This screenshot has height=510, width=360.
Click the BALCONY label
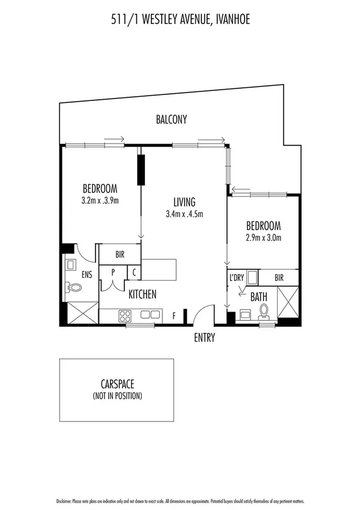(171, 120)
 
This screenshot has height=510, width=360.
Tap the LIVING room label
(185, 202)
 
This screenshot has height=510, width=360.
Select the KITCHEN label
(142, 294)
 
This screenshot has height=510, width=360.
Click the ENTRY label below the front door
(204, 338)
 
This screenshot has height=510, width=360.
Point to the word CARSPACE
(118, 384)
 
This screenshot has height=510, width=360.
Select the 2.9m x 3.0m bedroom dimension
(263, 237)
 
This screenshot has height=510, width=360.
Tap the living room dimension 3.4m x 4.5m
(185, 214)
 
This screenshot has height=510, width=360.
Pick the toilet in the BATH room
(264, 311)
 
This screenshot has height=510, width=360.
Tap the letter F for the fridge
(174, 315)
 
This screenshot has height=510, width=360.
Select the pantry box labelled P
(113, 272)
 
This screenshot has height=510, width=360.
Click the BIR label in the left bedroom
(120, 254)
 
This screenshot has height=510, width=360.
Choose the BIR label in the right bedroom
(278, 278)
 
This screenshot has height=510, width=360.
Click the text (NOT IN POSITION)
(118, 396)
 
